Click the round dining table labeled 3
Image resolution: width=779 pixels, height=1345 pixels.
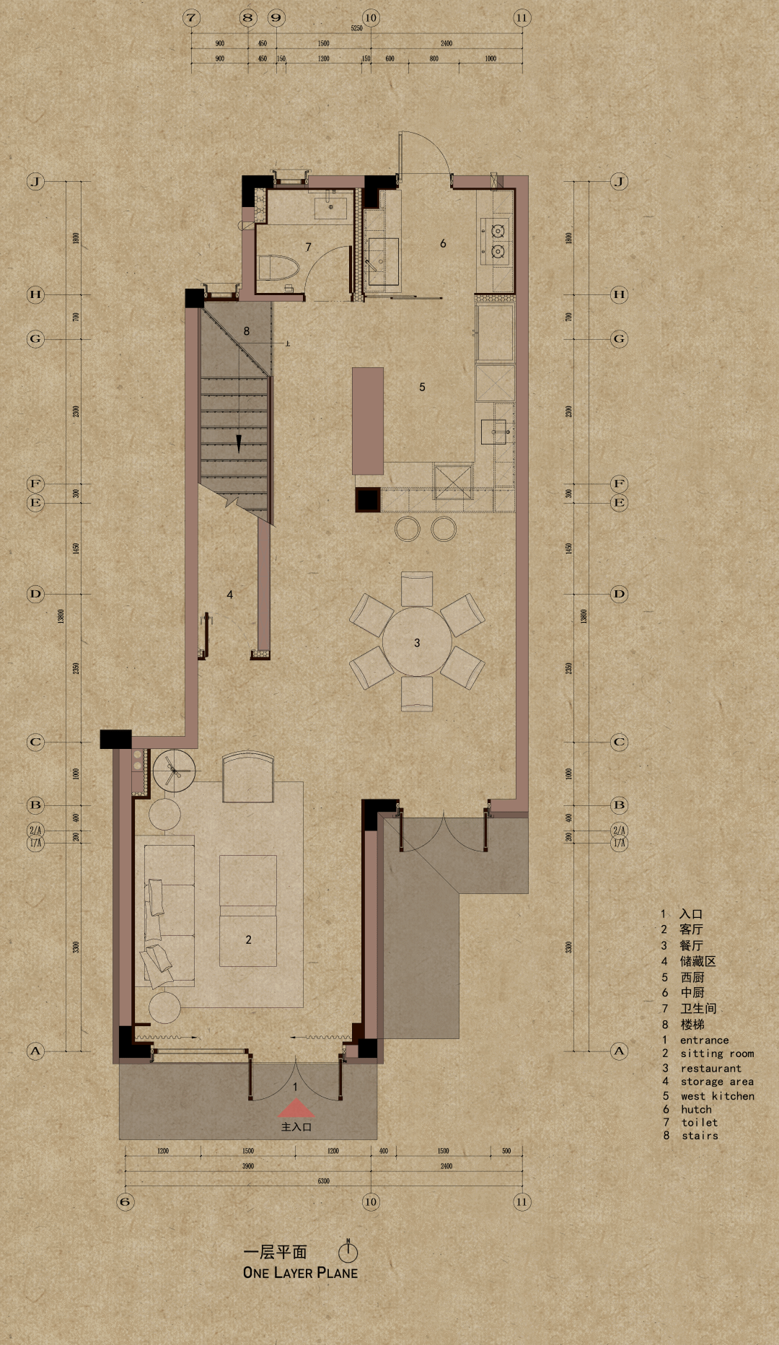[417, 641]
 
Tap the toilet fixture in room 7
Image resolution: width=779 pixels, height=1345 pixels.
[279, 268]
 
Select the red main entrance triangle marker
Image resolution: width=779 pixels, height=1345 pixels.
[296, 1108]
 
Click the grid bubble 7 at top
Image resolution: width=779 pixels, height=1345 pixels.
[191, 18]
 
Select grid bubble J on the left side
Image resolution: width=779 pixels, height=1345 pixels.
[35, 181]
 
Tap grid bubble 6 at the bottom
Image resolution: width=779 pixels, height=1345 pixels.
[126, 1201]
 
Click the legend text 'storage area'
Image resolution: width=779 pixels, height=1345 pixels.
[716, 1082]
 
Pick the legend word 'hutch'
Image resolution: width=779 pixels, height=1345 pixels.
[696, 1109]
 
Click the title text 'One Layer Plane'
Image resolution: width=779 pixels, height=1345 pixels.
[300, 1273]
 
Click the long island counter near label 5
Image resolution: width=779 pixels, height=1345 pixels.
[368, 421]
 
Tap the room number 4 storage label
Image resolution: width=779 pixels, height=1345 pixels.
[229, 595]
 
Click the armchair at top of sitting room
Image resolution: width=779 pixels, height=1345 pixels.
[248, 777]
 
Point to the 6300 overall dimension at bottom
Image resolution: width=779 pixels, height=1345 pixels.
[323, 1181]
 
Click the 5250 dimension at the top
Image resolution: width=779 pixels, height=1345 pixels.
[356, 28]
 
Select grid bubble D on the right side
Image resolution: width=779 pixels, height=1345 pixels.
[619, 594]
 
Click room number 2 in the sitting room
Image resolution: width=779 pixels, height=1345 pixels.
[248, 939]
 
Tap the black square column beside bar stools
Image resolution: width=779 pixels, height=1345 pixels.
[368, 499]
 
